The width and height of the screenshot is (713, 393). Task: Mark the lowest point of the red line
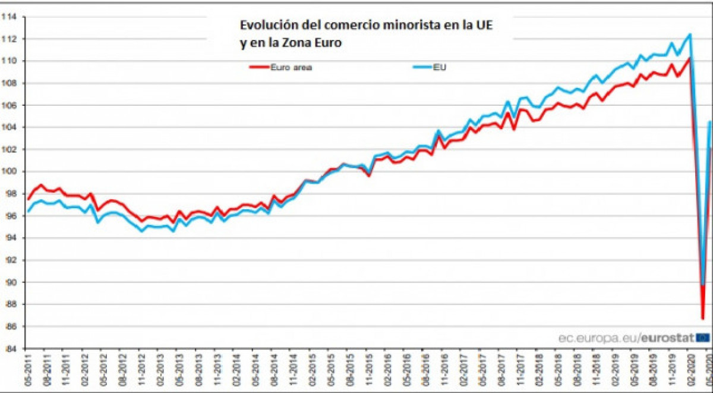pos(702,319)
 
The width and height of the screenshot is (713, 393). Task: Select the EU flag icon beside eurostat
pos(703,338)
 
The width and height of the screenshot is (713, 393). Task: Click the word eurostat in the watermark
pos(667,338)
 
